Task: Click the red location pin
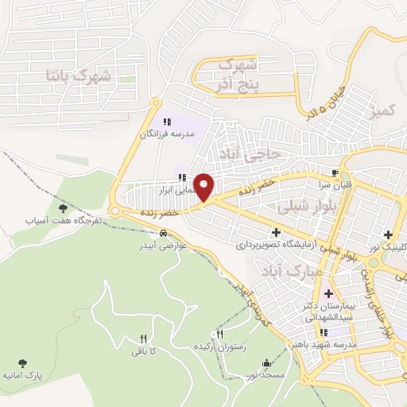[204, 187]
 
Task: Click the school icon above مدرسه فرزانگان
[167, 122]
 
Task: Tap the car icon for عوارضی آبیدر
[163, 233]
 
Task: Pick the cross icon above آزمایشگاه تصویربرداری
[276, 233]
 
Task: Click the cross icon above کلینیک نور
[388, 235]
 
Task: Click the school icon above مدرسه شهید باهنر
[324, 333]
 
